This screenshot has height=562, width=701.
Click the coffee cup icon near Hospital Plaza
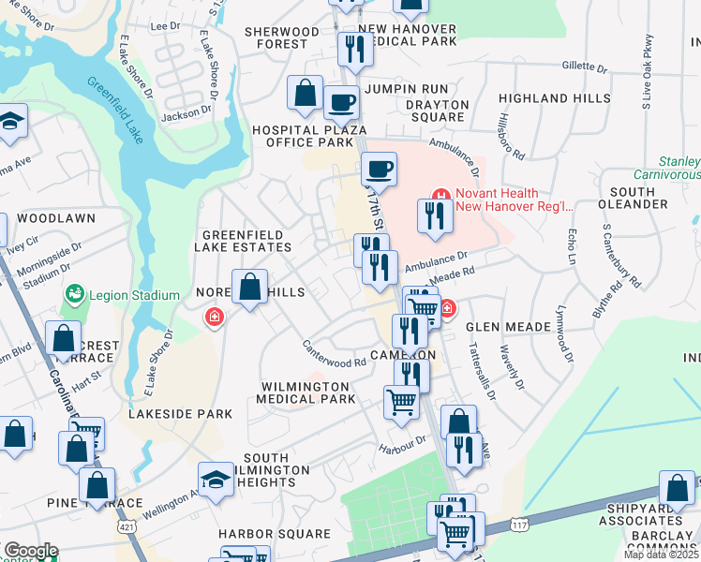click(x=341, y=101)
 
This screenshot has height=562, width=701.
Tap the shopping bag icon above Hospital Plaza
click(x=306, y=93)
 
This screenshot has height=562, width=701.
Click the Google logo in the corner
click(x=31, y=551)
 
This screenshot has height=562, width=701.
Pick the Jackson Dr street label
click(x=186, y=113)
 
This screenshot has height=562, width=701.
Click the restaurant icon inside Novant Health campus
click(x=436, y=216)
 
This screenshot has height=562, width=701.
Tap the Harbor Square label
click(x=275, y=534)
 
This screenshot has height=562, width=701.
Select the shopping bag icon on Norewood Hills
click(x=250, y=288)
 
